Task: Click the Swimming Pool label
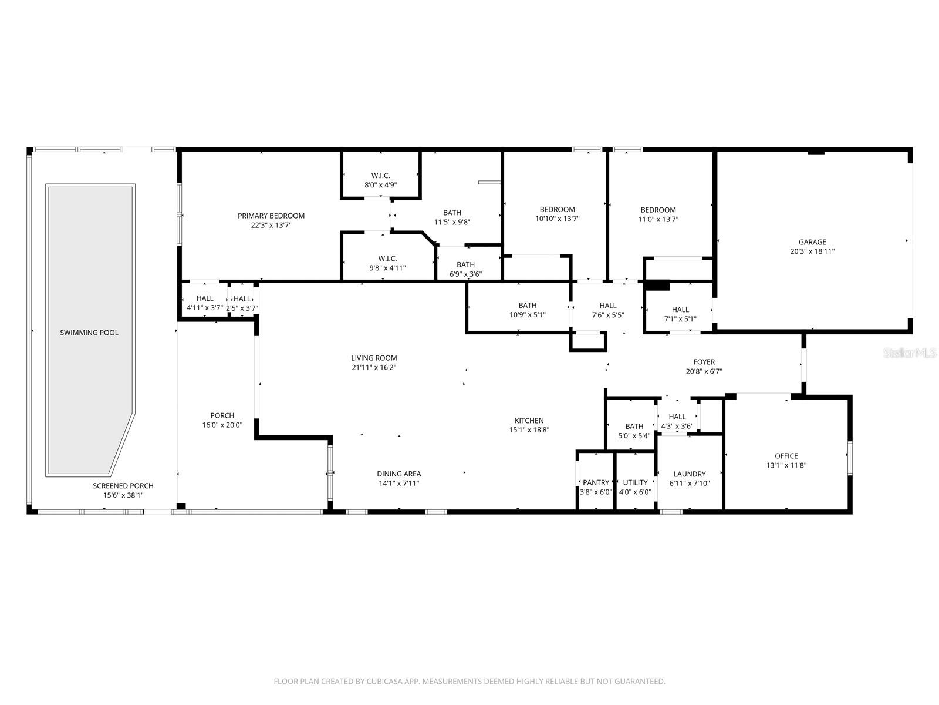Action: click(89, 333)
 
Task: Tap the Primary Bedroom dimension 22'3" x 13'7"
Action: click(271, 225)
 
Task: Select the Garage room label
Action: click(812, 242)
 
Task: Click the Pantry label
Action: click(596, 482)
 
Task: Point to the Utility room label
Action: click(635, 482)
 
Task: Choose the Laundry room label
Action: click(690, 474)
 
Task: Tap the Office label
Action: click(786, 456)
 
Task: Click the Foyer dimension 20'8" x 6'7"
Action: click(704, 371)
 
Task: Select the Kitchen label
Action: click(529, 421)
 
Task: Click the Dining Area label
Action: click(398, 474)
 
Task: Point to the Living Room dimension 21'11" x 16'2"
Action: click(374, 367)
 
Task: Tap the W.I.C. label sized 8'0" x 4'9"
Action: click(380, 176)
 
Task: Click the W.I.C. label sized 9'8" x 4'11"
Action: click(387, 258)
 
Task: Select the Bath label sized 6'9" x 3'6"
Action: click(466, 264)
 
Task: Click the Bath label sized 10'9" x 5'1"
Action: click(528, 305)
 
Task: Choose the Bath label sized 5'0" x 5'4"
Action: click(634, 427)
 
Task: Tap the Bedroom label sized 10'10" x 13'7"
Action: click(558, 210)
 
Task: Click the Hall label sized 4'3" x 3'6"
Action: click(677, 417)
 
